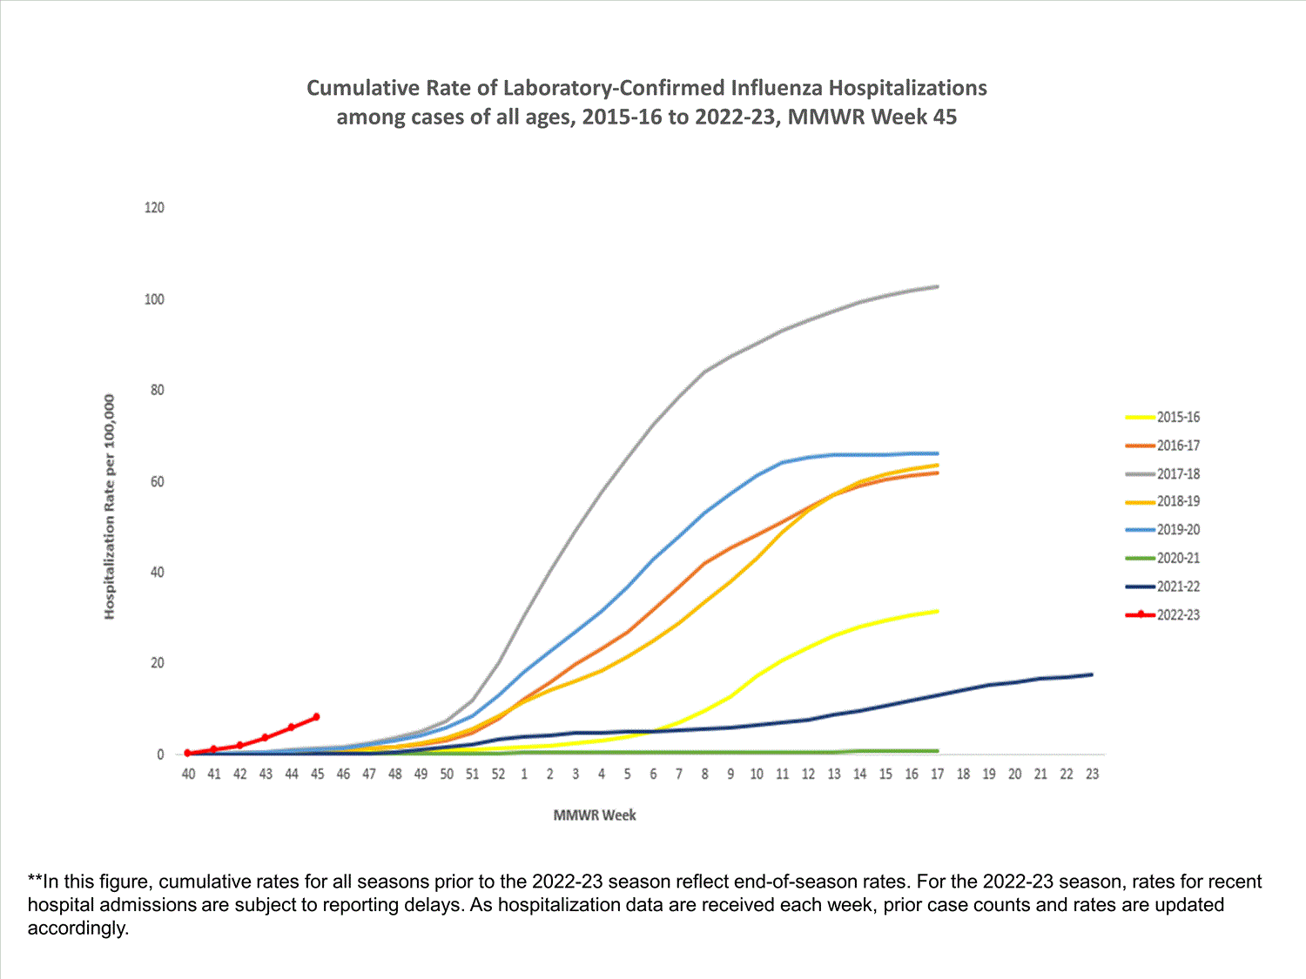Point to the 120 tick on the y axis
tap(154, 208)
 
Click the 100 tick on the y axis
tap(154, 299)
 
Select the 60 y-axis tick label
tap(157, 481)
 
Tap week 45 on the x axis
tap(317, 774)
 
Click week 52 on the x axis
tap(498, 774)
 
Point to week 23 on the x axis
tap(1092, 774)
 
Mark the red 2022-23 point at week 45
tap(316, 717)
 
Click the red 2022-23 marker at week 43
tap(265, 738)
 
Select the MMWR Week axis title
tap(595, 815)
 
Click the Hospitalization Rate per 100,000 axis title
tap(110, 506)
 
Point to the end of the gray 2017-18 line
tap(938, 286)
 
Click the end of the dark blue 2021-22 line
tap(1092, 674)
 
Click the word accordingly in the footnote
tap(77, 928)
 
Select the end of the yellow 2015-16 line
tap(938, 611)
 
